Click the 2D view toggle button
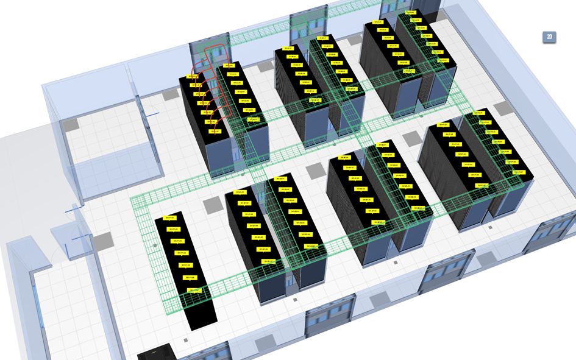pyautogui.click(x=549, y=37)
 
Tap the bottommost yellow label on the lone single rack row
pyautogui.click(x=194, y=291)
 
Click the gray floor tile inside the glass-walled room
pyautogui.click(x=72, y=124)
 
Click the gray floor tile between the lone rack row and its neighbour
pyautogui.click(x=212, y=206)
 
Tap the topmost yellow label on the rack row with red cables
pyautogui.click(x=193, y=77)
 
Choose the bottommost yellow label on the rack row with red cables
pyautogui.click(x=214, y=131)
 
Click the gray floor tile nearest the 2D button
pyautogui.click(x=502, y=108)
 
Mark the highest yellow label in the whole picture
pyautogui.click(x=413, y=12)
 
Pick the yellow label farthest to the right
pyautogui.click(x=519, y=172)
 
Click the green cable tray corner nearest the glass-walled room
pyautogui.click(x=139, y=202)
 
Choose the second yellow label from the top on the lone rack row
pyautogui.click(x=173, y=229)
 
